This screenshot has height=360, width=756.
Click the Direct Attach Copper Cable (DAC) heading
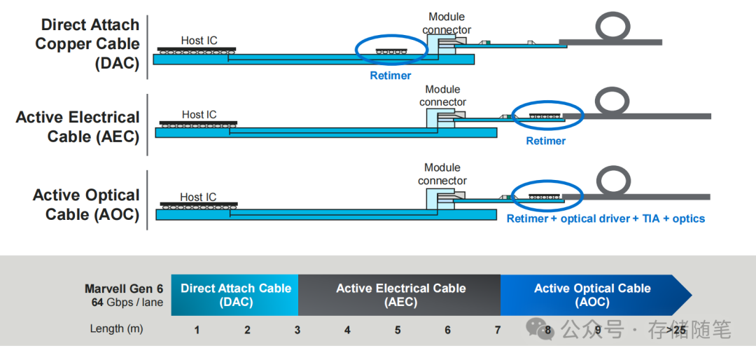coord(87,43)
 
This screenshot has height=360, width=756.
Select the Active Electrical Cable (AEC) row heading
coord(78,127)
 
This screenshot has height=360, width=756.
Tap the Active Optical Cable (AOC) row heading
coord(86,205)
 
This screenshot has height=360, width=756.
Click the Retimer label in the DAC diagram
coord(391,76)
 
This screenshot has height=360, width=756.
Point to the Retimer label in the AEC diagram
coord(545,141)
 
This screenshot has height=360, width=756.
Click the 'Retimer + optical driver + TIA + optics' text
coord(605,219)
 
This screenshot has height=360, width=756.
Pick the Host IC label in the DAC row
coord(199,41)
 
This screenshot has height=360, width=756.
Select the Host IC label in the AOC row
coord(198,198)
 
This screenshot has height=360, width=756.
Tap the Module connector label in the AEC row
coord(442,96)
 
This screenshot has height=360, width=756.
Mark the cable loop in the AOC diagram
coord(613,181)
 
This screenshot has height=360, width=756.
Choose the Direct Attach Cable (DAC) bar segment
coord(235,295)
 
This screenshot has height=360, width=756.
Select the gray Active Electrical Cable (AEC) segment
coord(400,295)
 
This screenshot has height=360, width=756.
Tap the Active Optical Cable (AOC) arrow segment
coord(592,295)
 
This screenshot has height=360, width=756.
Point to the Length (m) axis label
coord(116,328)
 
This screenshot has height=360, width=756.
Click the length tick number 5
coord(398,329)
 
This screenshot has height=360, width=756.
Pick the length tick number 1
coord(197,329)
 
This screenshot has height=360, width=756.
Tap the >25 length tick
coord(676,329)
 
